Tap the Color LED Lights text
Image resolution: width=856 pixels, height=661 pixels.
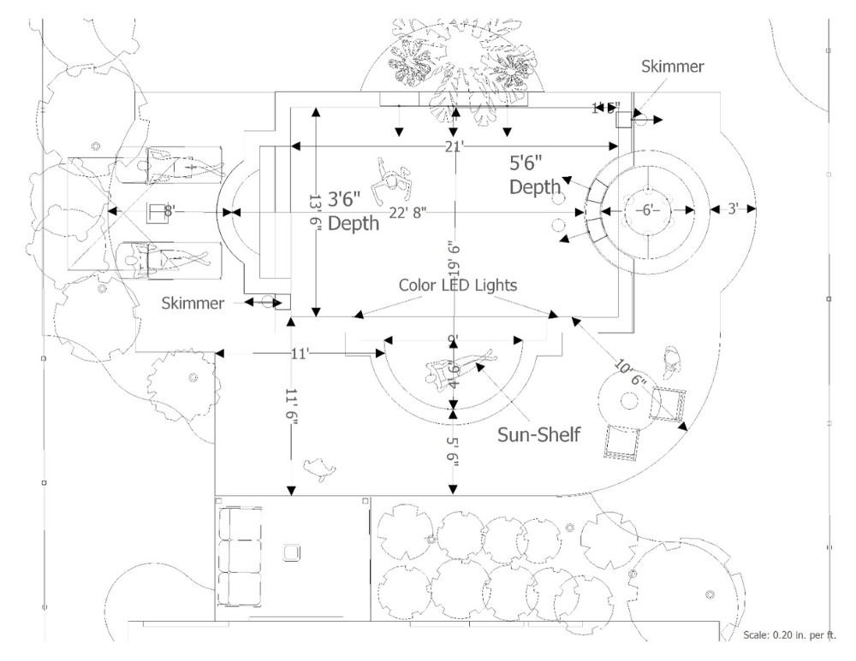point(458,284)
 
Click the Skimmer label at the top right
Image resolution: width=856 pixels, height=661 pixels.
point(675,68)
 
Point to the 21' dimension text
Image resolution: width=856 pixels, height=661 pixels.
point(454,147)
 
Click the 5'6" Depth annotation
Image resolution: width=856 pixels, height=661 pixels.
point(537,174)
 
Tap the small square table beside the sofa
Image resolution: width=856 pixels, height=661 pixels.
point(291,552)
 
